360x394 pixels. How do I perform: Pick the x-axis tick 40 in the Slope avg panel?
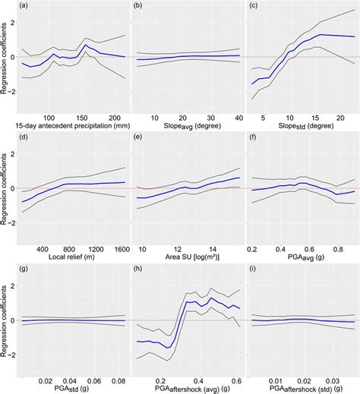click(x=237, y=117)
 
